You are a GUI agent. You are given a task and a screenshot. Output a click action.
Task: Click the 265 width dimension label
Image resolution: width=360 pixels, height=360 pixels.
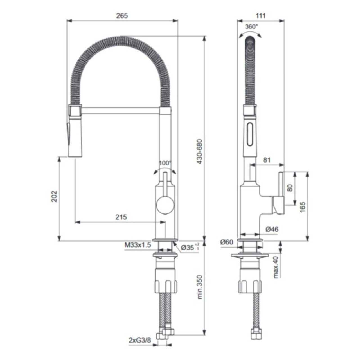(122, 16)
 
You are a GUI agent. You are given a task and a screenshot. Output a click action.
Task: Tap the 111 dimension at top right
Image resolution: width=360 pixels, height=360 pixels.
(261, 16)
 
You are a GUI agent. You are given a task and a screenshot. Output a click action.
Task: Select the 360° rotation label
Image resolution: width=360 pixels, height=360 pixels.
(251, 27)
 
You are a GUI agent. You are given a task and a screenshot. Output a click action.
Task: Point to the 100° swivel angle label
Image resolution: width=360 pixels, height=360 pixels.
(165, 163)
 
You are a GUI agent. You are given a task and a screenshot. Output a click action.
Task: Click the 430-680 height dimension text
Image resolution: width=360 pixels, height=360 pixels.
(199, 152)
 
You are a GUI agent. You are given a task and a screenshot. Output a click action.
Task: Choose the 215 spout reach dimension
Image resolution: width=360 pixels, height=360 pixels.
(121, 217)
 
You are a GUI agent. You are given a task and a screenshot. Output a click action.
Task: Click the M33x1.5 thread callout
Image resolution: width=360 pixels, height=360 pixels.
(138, 245)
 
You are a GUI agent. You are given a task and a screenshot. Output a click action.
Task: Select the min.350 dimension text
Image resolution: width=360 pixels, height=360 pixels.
(200, 287)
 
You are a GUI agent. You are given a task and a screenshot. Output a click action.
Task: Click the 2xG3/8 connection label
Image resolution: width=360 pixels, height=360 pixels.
(140, 340)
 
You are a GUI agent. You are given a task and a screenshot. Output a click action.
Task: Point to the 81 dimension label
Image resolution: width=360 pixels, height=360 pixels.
(267, 160)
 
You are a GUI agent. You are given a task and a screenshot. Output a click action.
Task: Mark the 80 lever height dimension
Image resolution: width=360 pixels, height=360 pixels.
(290, 188)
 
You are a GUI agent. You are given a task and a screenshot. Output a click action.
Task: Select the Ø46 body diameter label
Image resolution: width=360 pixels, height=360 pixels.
(272, 229)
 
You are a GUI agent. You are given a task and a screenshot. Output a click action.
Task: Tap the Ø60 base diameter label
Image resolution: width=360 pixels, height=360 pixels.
(227, 242)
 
